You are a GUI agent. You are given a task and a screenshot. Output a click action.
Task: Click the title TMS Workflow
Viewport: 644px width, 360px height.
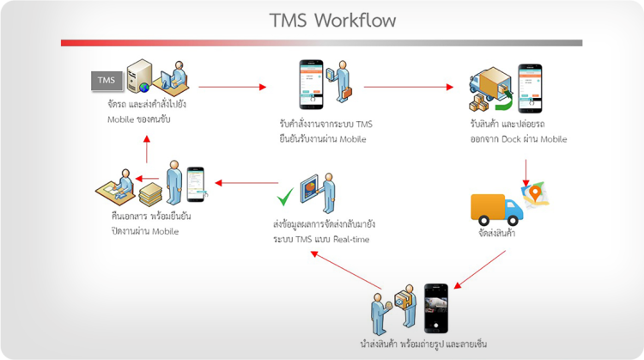(321, 19)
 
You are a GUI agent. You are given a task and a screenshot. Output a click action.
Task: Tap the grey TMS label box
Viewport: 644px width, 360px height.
(106, 81)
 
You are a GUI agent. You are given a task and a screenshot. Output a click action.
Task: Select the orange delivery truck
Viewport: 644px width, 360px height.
(496, 208)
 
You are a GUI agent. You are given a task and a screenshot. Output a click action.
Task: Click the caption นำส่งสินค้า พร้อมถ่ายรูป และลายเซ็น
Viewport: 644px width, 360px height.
(424, 345)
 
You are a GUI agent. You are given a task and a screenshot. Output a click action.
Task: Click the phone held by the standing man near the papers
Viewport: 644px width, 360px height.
(196, 182)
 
